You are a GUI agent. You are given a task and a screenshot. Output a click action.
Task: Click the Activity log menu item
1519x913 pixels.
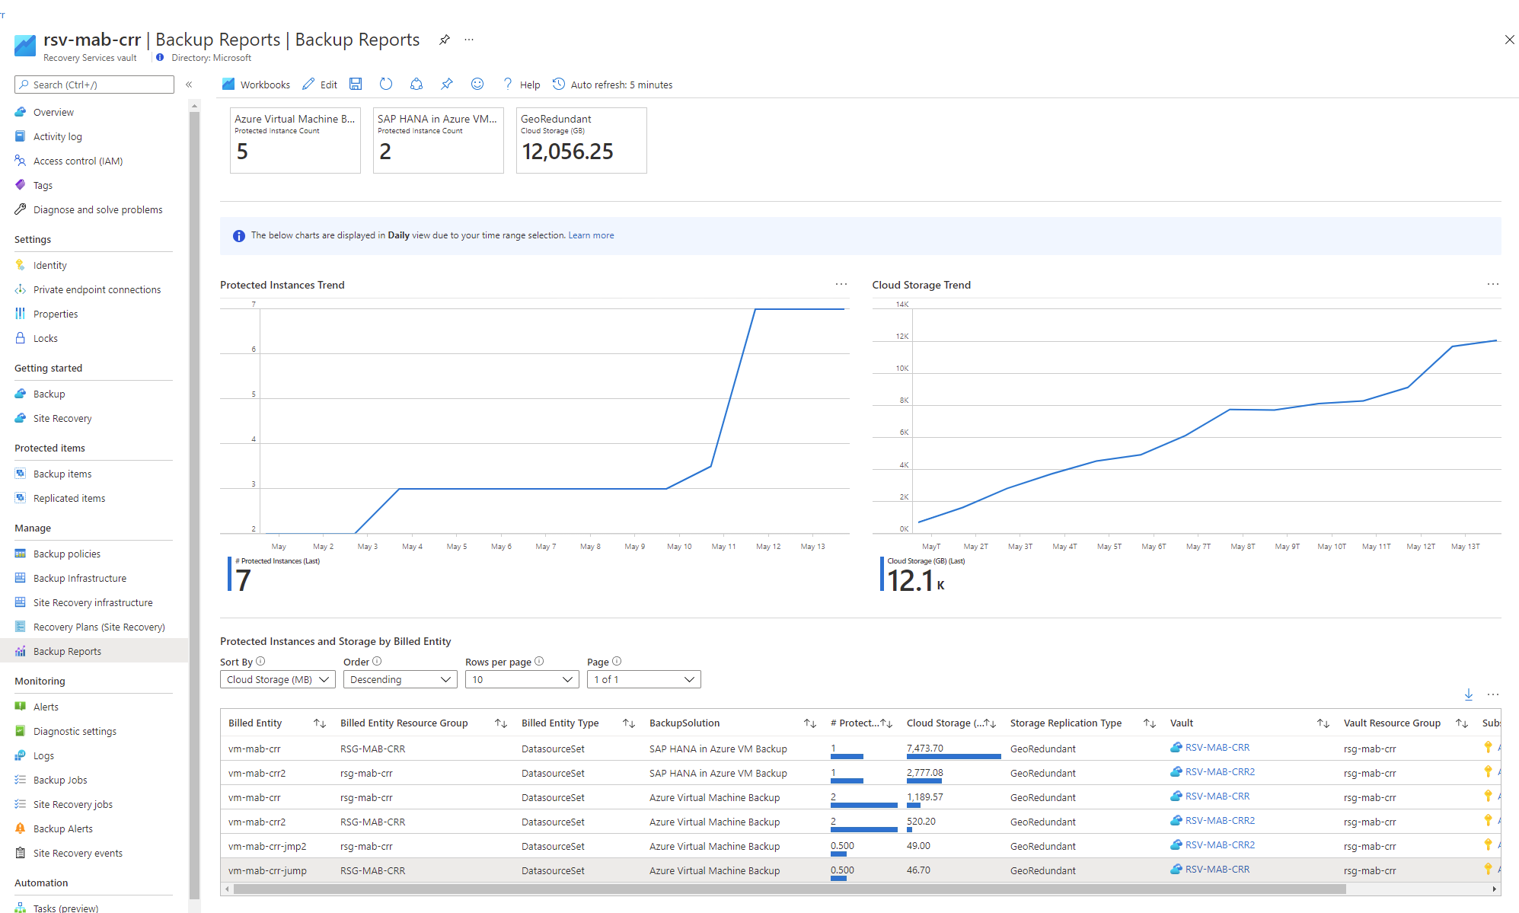coord(57,137)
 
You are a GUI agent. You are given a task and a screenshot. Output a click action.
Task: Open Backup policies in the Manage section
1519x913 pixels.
coord(66,554)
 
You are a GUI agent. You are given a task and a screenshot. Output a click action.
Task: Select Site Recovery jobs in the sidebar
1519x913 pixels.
coord(72,805)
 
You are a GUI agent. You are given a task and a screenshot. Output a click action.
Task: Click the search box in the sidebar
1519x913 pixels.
coord(94,85)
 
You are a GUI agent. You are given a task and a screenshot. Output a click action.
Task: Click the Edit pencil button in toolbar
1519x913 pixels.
coord(320,85)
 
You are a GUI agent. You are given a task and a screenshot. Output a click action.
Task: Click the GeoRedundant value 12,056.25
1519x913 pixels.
coord(567,152)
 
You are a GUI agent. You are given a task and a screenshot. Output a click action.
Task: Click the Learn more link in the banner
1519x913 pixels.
coord(591,236)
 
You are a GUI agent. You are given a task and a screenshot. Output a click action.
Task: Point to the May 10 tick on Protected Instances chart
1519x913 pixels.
coord(679,547)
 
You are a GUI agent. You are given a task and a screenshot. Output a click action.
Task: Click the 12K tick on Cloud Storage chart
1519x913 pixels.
coord(902,337)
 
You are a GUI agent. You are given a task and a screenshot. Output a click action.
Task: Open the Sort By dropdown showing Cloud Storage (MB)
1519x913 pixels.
coord(277,680)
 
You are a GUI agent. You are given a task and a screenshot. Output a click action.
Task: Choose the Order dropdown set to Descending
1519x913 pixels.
coord(400,680)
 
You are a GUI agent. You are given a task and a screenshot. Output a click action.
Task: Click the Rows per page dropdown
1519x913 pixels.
coord(522,680)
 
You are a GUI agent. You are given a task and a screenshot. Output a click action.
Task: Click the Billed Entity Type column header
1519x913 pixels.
coord(560,723)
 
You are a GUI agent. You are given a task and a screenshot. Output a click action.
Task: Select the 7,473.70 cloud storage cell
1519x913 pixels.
coord(924,749)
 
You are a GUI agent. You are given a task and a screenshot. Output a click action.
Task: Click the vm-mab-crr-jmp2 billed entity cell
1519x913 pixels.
coord(267,847)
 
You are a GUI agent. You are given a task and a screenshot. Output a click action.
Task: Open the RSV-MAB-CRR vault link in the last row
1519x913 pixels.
coord(1217,870)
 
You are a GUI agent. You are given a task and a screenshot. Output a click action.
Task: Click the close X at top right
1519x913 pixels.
coord(1509,40)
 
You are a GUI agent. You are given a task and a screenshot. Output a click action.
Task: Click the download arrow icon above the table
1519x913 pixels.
coord(1468,694)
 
